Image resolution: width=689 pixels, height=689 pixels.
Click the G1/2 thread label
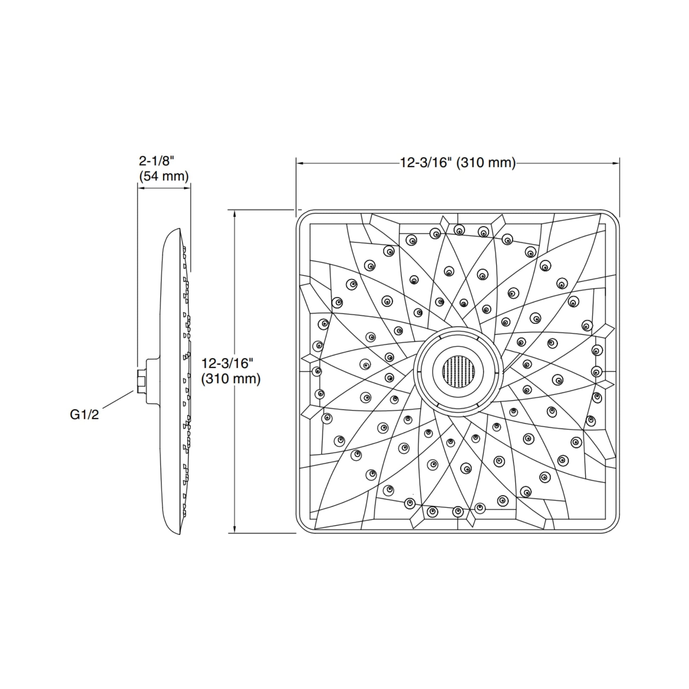tap(84, 415)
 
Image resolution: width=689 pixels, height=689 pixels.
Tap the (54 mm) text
tap(164, 176)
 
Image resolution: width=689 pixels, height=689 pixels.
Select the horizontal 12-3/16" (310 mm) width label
tap(457, 163)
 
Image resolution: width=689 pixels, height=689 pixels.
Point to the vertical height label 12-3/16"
tap(227, 363)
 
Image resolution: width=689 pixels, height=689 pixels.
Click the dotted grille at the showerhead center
tap(458, 372)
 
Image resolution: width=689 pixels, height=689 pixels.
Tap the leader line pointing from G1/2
tap(118, 399)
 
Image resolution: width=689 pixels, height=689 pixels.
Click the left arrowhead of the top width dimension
tap(300, 163)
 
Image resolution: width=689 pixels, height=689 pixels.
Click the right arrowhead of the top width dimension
tap(616, 163)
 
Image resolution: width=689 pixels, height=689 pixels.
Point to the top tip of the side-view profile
tap(180, 229)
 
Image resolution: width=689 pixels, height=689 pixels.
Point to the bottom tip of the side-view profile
tap(180, 534)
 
